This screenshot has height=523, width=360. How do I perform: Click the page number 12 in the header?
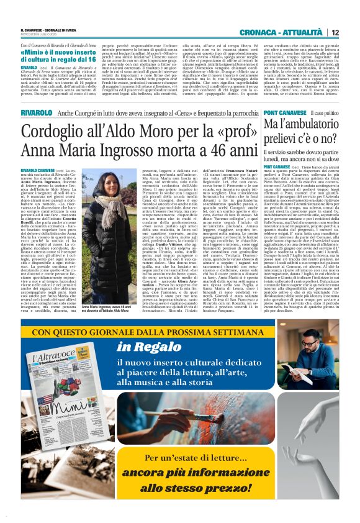click(x=335, y=32)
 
